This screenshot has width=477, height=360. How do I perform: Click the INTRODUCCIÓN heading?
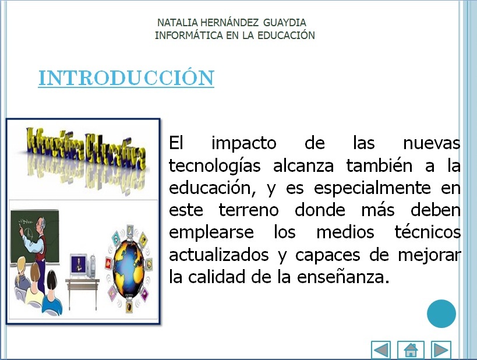pyautogui.click(x=126, y=78)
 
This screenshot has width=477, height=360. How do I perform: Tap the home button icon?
pyautogui.click(x=411, y=350)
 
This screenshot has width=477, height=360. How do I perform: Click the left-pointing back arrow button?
pyautogui.click(x=381, y=350)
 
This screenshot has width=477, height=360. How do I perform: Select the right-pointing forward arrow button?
pyautogui.click(x=441, y=350)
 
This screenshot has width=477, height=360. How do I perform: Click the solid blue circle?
pyautogui.click(x=441, y=314)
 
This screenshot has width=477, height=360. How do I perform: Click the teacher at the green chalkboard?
pyautogui.click(x=38, y=236)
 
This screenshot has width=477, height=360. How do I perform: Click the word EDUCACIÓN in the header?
pyautogui.click(x=283, y=36)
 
